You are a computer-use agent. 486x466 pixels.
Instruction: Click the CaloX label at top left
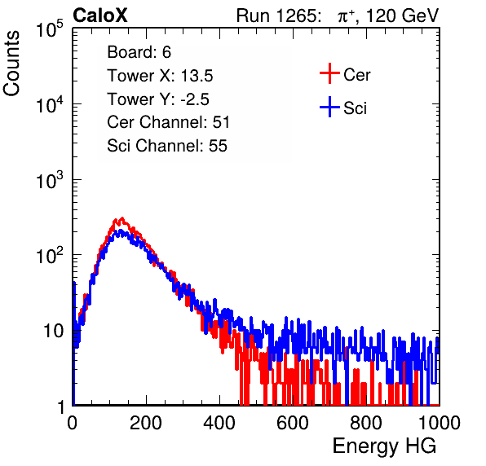(x=99, y=15)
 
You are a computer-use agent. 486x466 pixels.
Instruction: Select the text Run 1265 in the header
(x=277, y=15)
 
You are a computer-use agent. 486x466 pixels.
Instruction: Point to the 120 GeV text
(x=402, y=15)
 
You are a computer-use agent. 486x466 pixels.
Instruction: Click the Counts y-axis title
(x=11, y=64)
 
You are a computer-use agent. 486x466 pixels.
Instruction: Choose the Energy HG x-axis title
(x=384, y=446)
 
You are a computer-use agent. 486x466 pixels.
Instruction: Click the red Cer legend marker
(x=329, y=73)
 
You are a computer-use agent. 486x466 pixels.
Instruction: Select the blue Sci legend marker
(x=329, y=107)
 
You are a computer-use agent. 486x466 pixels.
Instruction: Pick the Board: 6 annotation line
(x=139, y=52)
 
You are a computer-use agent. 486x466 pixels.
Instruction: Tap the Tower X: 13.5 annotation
(x=160, y=76)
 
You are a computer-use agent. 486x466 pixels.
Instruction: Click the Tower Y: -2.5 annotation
(x=158, y=99)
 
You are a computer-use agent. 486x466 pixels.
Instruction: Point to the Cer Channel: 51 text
(x=168, y=122)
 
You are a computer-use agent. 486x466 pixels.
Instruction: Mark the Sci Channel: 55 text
(x=167, y=146)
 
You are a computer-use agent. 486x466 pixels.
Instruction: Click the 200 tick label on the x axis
(x=146, y=423)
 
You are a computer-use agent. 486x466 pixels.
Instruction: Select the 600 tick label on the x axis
(x=293, y=423)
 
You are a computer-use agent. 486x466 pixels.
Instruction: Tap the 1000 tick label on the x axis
(x=440, y=423)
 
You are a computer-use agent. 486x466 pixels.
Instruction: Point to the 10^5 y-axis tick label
(x=50, y=29)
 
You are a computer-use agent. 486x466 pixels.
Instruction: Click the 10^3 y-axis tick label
(x=50, y=180)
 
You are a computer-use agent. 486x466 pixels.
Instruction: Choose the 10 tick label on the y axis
(x=53, y=332)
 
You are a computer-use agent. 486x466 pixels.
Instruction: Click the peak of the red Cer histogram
(x=122, y=218)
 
